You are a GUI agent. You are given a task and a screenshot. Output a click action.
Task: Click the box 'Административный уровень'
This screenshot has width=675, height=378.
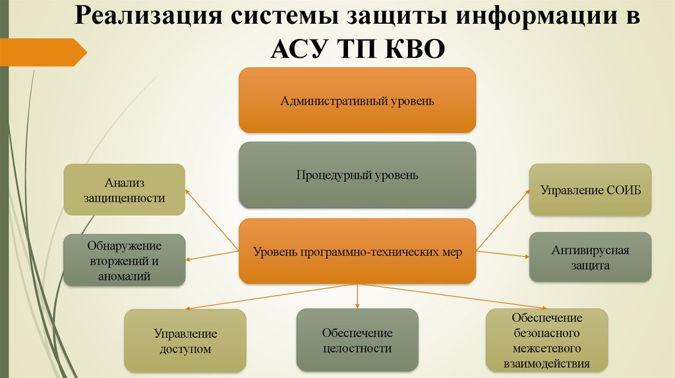coord(357,101)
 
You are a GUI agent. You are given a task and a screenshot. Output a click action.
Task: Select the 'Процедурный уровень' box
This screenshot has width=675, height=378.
coord(357,175)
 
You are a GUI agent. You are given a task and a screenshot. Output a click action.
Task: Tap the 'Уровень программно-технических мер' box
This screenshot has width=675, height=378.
coord(357,251)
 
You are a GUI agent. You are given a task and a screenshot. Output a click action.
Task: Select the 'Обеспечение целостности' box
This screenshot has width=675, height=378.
coord(357,340)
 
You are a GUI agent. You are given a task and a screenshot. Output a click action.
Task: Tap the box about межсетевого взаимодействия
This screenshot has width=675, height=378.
coord(546,340)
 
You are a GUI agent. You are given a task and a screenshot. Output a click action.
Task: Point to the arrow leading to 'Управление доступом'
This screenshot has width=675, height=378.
coord(270,296)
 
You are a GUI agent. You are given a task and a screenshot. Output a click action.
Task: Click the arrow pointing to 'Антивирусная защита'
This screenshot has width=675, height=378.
coord(502,254)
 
